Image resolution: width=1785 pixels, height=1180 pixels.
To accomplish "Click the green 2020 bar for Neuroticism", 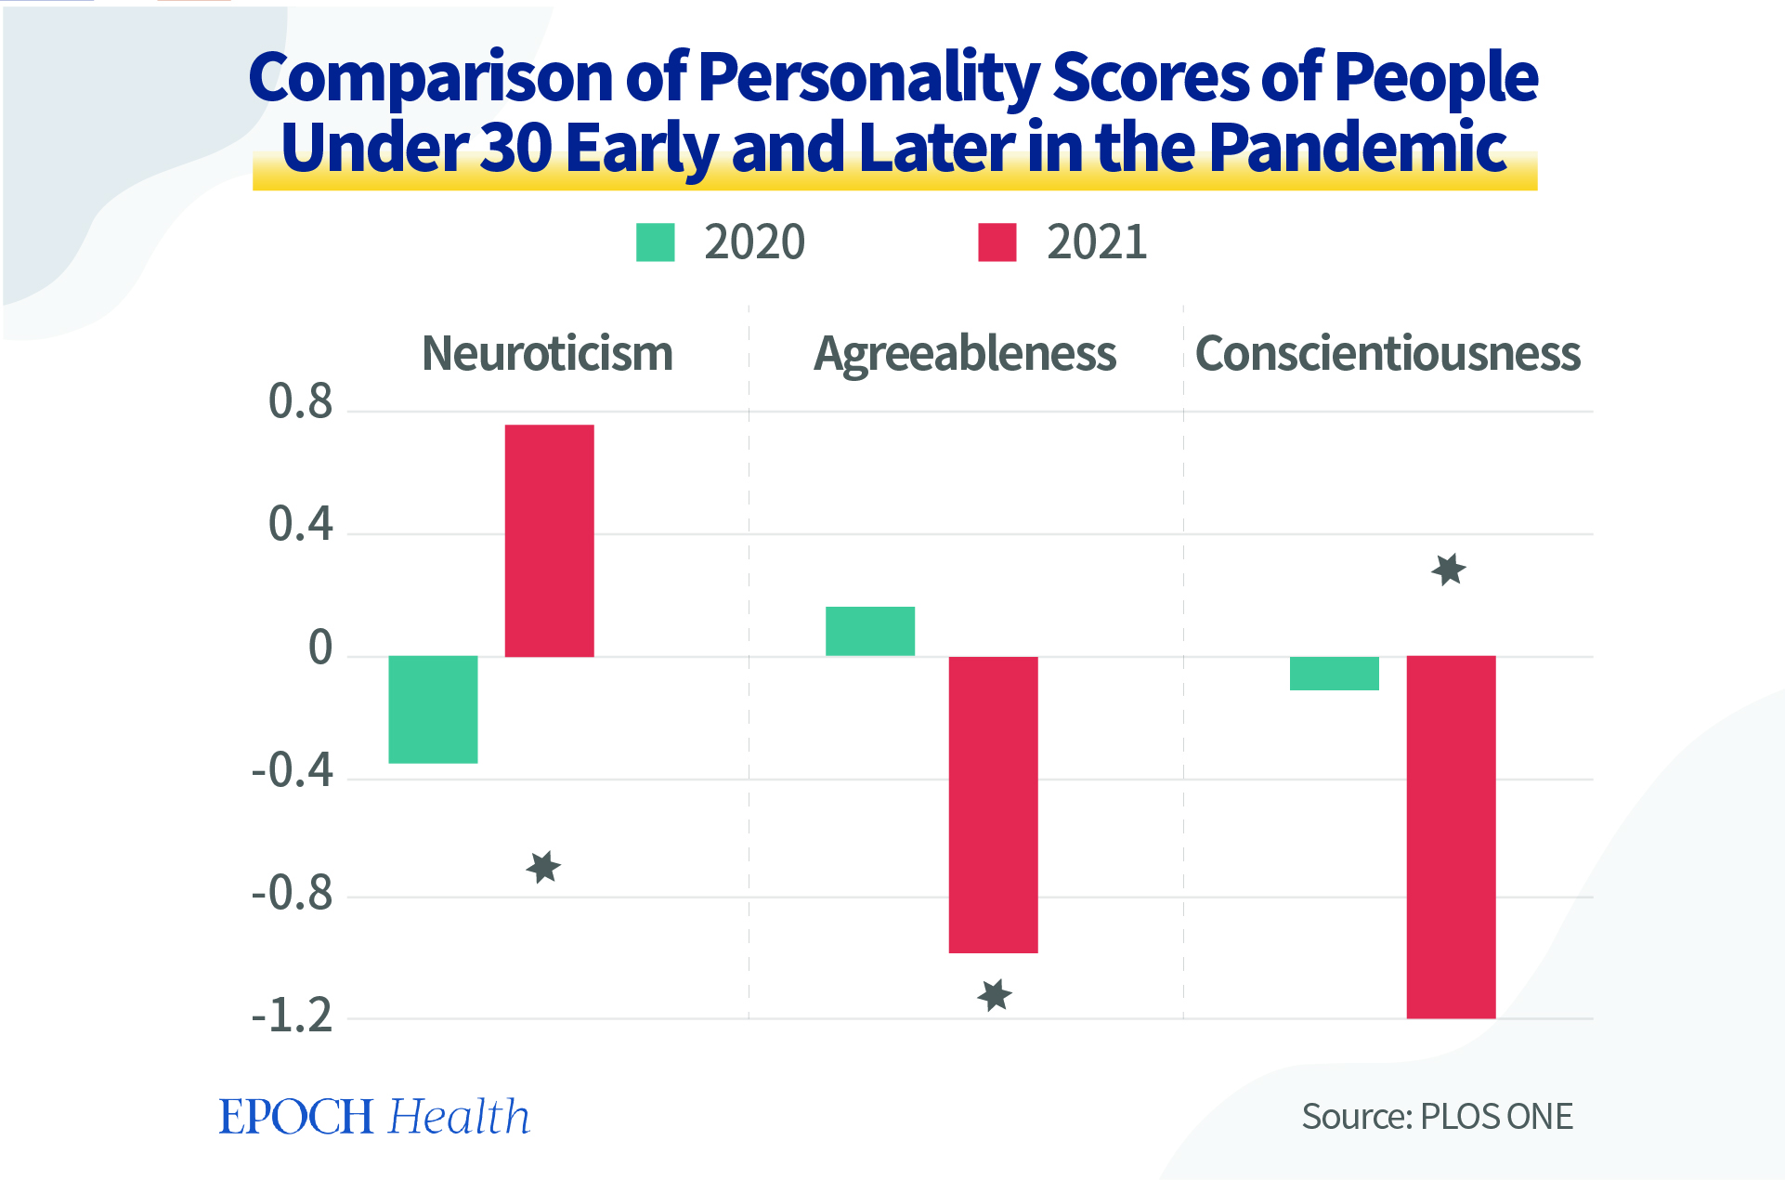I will (x=433, y=709).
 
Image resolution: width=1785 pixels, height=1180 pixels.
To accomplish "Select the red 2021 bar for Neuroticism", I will (x=549, y=541).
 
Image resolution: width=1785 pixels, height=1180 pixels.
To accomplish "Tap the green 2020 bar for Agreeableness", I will (x=870, y=632).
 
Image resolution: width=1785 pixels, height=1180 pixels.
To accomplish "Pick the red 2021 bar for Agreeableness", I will (x=993, y=804).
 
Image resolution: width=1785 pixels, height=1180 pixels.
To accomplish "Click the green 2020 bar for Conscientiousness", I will (x=1335, y=673).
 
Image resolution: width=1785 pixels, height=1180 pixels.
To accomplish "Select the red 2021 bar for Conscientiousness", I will (x=1451, y=836).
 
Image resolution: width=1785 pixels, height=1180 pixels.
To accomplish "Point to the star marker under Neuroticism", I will (x=543, y=868).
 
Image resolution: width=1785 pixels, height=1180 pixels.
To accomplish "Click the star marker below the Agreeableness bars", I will (x=995, y=995).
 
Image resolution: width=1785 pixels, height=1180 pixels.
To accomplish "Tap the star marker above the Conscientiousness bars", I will (x=1449, y=570).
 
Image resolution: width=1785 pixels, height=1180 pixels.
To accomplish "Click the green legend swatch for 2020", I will (x=655, y=243).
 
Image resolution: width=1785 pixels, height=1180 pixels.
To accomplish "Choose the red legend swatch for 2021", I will (x=997, y=243).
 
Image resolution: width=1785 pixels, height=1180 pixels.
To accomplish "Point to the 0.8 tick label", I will (x=300, y=402).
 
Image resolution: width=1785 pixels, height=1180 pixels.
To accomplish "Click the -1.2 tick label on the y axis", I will (x=292, y=1016).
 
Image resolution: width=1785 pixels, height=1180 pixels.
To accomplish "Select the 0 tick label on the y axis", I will (x=320, y=648).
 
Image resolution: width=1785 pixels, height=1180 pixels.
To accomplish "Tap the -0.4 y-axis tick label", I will (x=292, y=770).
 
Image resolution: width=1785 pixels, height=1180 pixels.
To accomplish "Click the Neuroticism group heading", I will (x=547, y=354).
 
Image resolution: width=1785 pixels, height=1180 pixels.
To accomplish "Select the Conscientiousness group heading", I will (x=1388, y=354).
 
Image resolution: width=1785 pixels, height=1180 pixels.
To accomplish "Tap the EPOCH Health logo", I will (x=374, y=1116).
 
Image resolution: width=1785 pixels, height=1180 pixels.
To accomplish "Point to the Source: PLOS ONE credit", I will (x=1437, y=1116).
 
